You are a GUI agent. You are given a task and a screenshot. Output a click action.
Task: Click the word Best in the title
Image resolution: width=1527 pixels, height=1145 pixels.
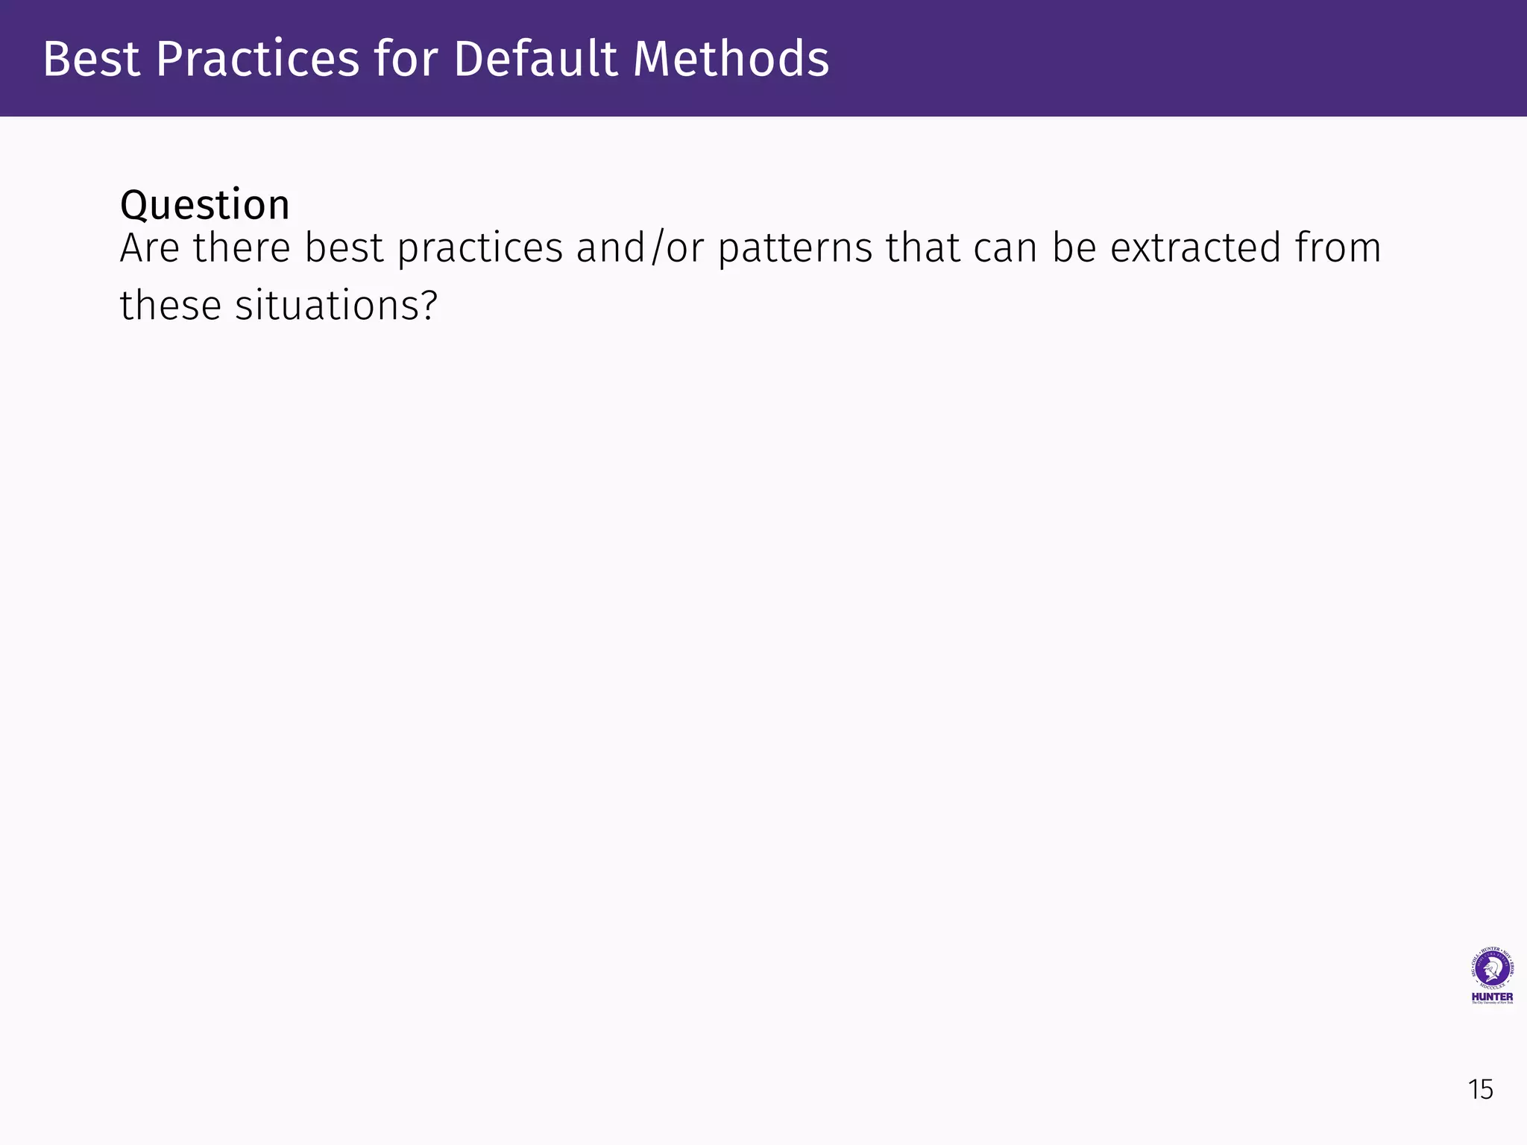coord(91,59)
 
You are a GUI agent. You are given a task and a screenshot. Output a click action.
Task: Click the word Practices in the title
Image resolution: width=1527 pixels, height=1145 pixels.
coord(258,59)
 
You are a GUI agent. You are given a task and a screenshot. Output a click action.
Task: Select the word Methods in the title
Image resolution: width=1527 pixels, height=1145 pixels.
coord(731,59)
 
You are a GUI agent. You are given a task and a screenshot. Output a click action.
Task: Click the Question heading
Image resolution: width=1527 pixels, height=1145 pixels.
coord(204,205)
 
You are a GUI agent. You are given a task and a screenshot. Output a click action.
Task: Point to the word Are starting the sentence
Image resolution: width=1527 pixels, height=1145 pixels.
coord(149,248)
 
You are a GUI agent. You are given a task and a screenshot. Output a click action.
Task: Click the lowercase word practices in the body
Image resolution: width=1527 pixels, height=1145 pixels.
coord(479,250)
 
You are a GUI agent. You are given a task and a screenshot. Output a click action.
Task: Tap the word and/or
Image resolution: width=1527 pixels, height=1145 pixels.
coord(640,250)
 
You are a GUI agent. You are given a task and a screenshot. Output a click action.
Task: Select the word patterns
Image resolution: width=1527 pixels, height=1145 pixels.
coord(795,250)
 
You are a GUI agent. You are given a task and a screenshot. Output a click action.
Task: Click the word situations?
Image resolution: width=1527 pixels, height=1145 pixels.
coord(336,306)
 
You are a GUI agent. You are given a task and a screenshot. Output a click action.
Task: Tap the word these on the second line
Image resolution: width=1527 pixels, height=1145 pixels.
coord(171,306)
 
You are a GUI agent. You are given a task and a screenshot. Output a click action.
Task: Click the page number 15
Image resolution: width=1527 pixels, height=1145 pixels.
coord(1480,1090)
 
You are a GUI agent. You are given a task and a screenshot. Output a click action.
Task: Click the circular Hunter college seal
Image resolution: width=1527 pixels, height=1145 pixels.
coord(1491,969)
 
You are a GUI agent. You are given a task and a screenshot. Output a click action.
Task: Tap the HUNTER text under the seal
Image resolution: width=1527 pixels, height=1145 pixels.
coord(1492,997)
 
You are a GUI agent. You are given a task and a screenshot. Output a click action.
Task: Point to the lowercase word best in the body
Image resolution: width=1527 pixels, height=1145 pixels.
coord(343,248)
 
